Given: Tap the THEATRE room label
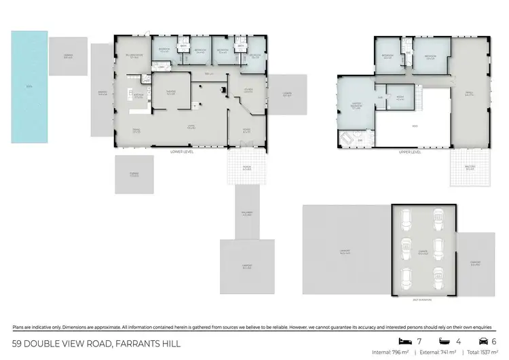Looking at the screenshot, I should [x=171, y=93].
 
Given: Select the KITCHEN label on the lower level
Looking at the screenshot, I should [x=138, y=96].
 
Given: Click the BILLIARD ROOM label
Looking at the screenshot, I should [x=132, y=58].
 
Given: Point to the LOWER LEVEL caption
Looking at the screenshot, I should [x=182, y=152].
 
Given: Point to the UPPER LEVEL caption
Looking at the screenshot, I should [x=411, y=152].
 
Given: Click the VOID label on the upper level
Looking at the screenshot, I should [x=413, y=126].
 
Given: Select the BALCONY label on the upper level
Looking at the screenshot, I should [x=470, y=166].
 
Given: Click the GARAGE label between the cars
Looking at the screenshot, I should [x=422, y=251].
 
